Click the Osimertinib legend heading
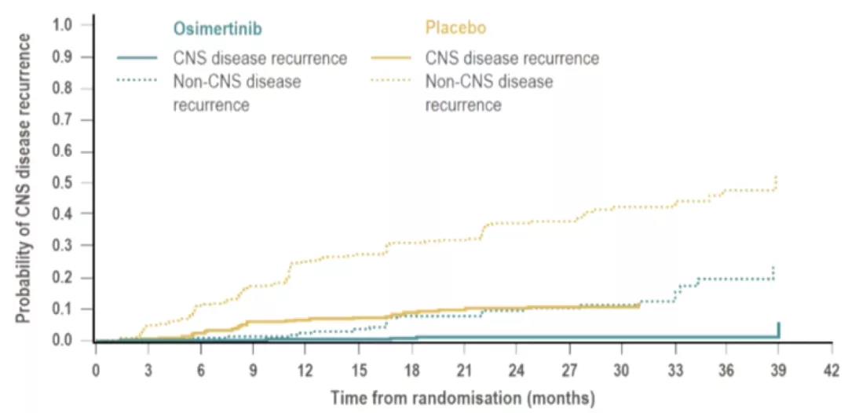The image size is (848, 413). (217, 29)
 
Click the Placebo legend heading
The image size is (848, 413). (455, 29)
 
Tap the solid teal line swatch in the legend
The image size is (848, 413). (140, 58)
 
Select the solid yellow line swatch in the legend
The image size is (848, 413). (392, 58)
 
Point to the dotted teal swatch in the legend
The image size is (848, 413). (140, 80)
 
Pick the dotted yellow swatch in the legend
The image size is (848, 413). (392, 80)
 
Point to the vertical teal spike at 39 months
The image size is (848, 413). (778, 330)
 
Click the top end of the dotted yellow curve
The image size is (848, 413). (776, 177)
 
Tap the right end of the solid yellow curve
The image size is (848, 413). (638, 305)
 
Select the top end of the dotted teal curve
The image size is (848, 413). (773, 268)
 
